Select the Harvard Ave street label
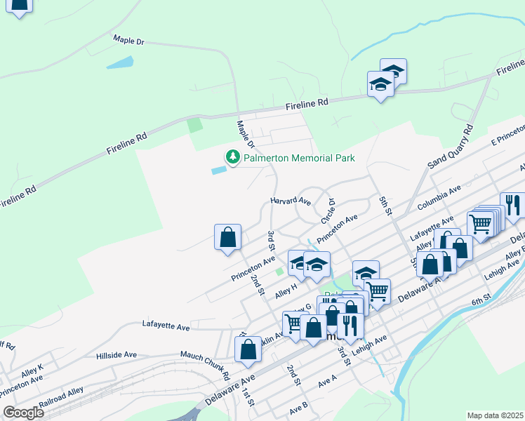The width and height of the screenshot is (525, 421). (x=291, y=201)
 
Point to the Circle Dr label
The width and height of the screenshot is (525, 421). (x=328, y=210)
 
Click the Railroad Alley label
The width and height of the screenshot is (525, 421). (x=61, y=395)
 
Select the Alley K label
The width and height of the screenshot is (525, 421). (x=32, y=367)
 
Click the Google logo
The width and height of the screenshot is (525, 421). (x=22, y=413)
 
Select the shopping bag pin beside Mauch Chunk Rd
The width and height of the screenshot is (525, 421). (x=248, y=349)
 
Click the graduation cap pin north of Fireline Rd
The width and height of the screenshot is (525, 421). (x=381, y=84)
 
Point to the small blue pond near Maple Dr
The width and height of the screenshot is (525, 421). (x=120, y=62)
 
